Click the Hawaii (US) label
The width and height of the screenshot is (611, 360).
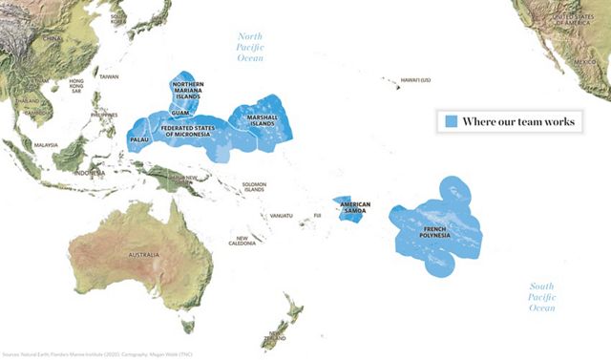(x=415, y=80)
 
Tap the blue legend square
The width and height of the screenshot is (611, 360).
(x=448, y=121)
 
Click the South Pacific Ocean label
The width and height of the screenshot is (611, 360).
(x=542, y=297)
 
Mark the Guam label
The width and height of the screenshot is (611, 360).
(x=180, y=114)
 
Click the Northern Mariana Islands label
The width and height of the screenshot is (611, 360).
(x=188, y=92)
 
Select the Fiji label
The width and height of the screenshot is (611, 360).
(x=319, y=217)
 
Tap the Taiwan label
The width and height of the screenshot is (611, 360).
(x=109, y=75)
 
